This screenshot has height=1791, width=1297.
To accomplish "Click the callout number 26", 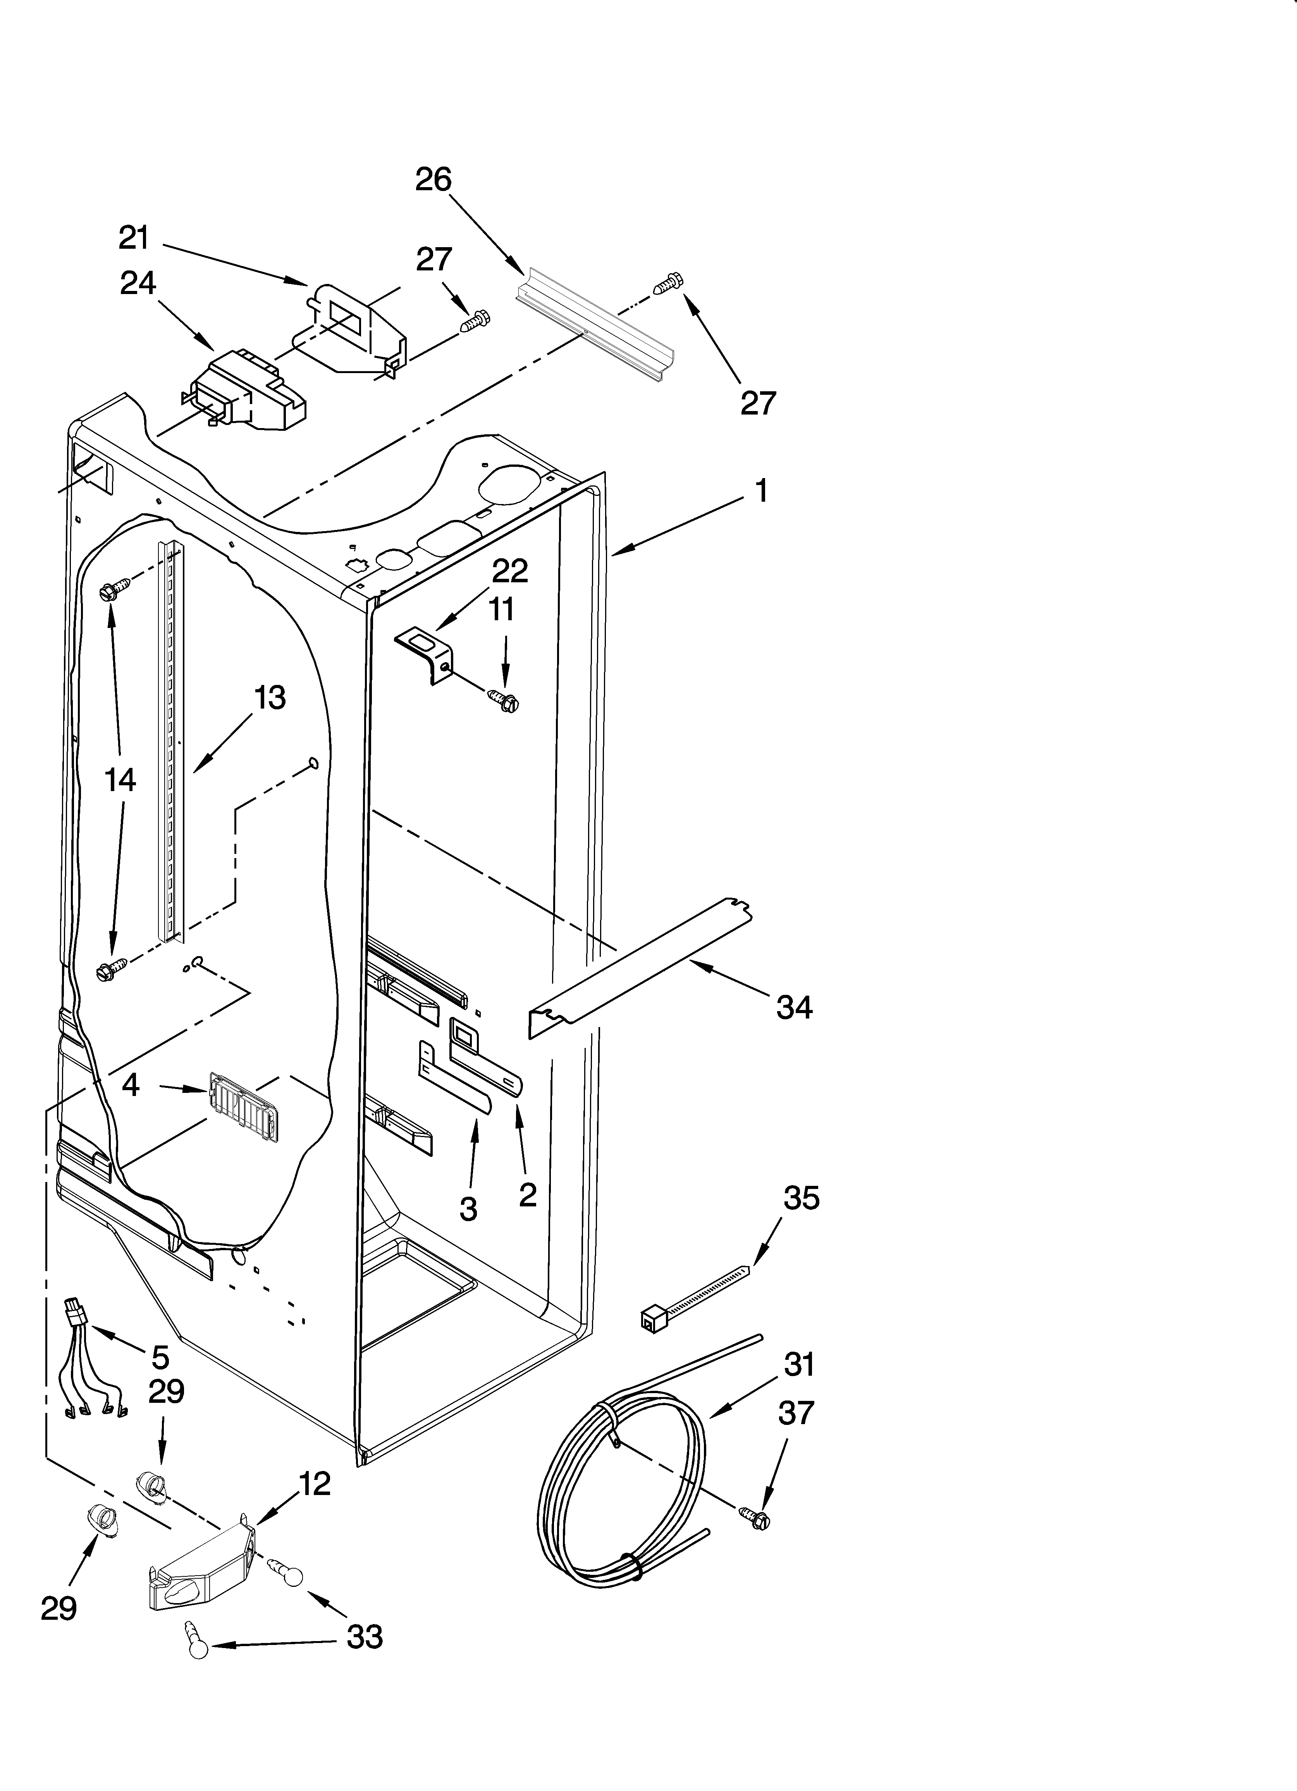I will tap(433, 180).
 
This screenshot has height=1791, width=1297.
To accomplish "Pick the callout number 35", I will tap(801, 1198).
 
